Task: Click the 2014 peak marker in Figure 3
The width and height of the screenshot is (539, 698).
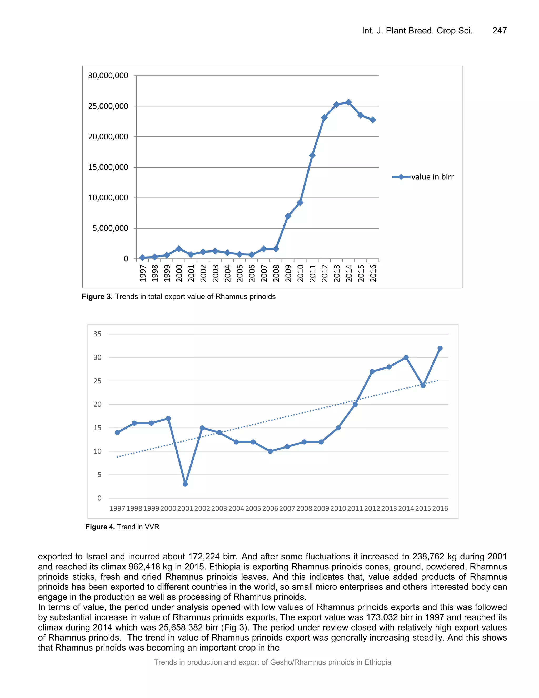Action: (348, 102)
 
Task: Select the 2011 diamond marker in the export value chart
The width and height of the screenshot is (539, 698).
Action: (312, 156)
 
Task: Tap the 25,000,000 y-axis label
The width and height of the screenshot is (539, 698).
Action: (108, 106)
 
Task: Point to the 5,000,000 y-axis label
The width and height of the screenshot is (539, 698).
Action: (110, 228)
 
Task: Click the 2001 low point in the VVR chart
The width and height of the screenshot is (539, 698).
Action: (185, 484)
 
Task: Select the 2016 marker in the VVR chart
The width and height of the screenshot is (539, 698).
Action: (440, 348)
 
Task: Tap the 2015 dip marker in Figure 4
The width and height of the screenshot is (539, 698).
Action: (423, 385)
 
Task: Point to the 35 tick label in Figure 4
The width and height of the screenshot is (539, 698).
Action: (97, 334)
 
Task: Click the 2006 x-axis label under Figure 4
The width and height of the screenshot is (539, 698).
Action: (270, 508)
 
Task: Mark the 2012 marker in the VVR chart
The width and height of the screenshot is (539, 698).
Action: (372, 371)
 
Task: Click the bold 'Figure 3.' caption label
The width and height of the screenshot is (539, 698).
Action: (97, 297)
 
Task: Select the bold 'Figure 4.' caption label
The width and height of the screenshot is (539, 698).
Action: (100, 527)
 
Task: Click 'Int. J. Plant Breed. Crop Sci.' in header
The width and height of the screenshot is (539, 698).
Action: (417, 31)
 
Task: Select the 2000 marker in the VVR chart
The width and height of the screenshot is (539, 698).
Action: (168, 418)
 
